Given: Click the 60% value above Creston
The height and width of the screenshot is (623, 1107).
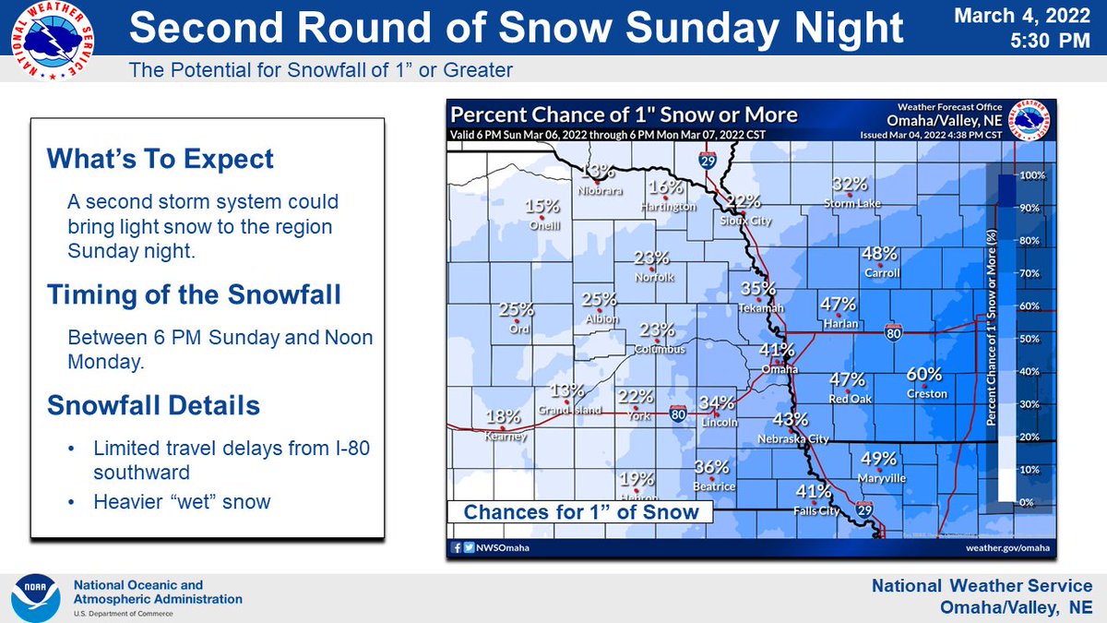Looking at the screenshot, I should tap(923, 375).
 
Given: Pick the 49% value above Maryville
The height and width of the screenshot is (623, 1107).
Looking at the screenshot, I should tap(878, 459).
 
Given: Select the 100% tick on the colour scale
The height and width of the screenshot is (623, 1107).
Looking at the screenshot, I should tap(1031, 175).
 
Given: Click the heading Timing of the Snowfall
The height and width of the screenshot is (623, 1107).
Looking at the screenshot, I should tap(194, 295).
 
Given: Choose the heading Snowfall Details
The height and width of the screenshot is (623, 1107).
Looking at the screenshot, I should tap(153, 405).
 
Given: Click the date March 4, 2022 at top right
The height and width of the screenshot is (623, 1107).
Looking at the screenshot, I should tap(1024, 16).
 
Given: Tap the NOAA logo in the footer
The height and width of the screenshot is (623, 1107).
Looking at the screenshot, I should tap(36, 597).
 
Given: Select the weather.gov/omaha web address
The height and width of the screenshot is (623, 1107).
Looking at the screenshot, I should tap(1009, 547).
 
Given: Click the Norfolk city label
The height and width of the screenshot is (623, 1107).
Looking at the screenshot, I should tap(655, 277).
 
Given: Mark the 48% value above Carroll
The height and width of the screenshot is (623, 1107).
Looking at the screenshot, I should tap(879, 254).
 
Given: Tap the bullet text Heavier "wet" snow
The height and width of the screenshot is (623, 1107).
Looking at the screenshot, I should tap(182, 502).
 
